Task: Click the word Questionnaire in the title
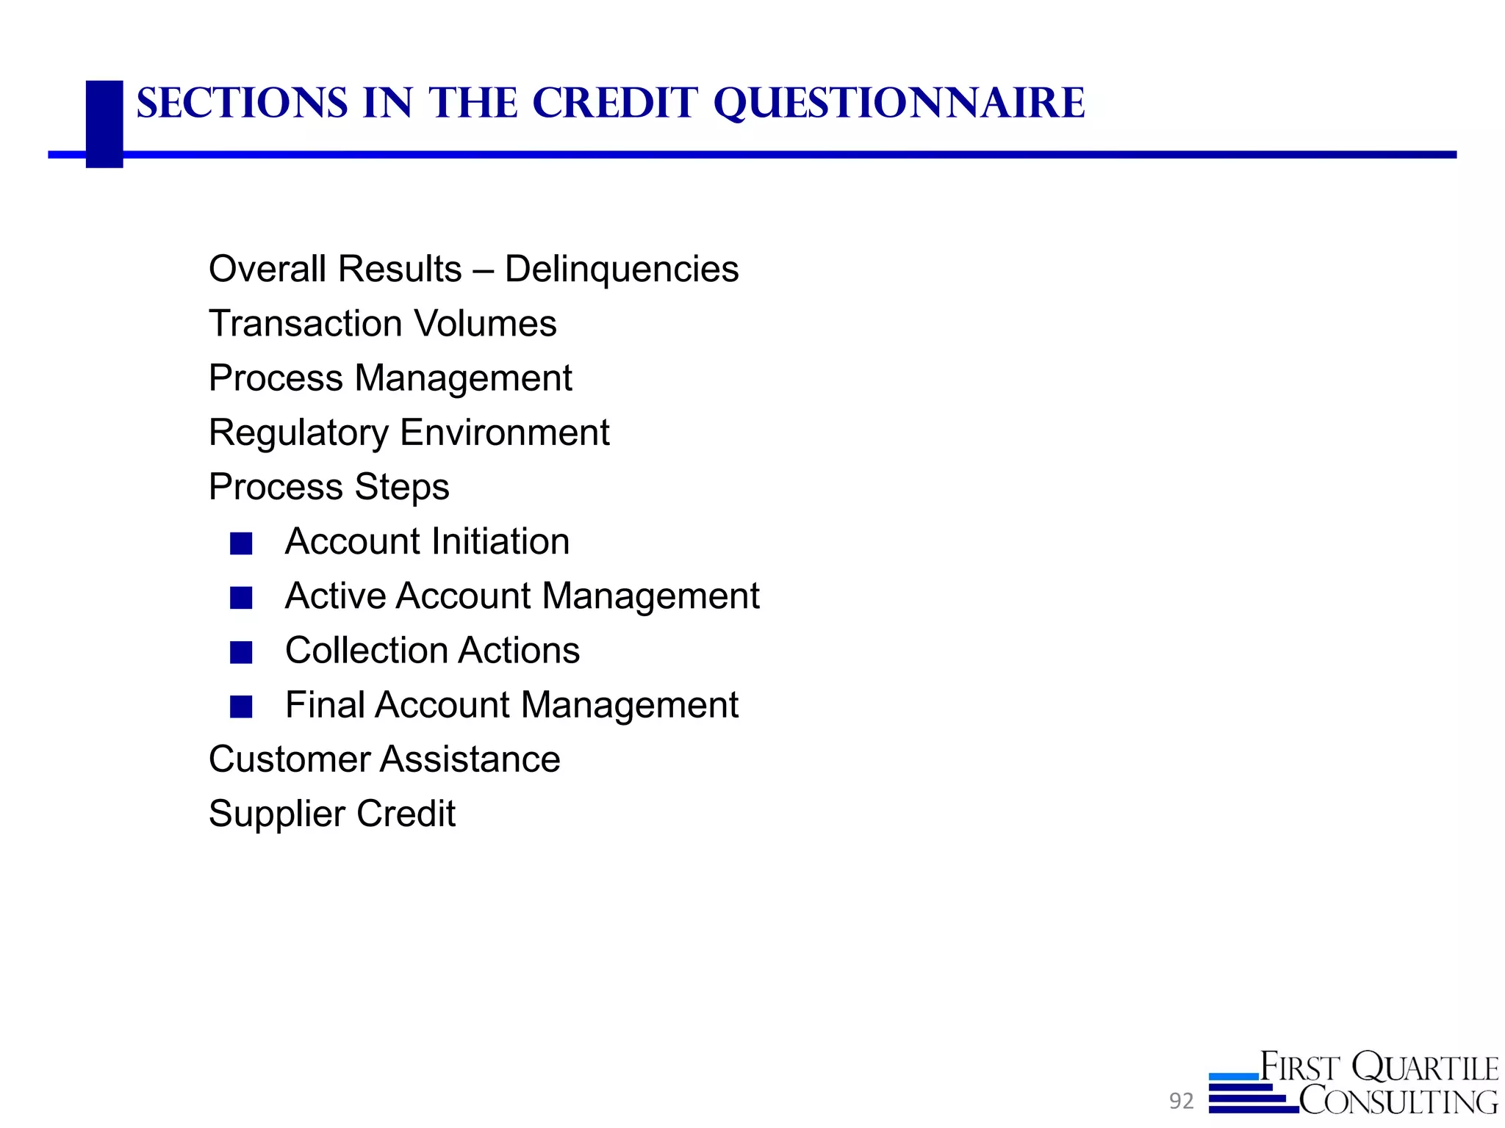899,104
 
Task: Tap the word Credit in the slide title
614,103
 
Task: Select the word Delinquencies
622,269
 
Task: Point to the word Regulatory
298,433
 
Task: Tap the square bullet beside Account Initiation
241,543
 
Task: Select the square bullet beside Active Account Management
241,598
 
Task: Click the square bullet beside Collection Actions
241,652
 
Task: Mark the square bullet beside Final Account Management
241,706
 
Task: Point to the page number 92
1182,1101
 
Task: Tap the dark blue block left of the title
104,123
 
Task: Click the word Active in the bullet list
334,596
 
